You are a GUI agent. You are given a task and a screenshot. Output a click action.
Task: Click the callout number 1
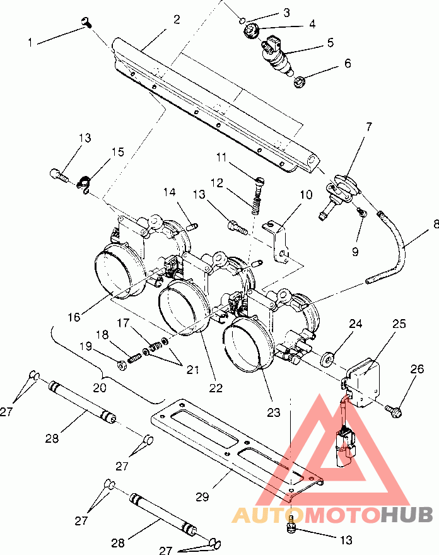(30, 42)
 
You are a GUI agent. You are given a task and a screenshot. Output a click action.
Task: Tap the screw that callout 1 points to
(86, 22)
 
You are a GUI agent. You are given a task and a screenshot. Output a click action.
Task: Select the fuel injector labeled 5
(277, 57)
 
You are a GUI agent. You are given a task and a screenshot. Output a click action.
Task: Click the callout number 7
(369, 127)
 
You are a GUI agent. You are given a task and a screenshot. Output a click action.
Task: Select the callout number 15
(118, 152)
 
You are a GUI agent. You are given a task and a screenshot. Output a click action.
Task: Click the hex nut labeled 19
(122, 365)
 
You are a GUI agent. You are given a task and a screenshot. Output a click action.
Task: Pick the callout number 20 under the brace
(100, 388)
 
